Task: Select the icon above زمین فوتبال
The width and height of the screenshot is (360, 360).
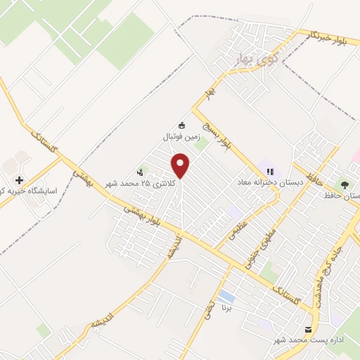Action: point(182,124)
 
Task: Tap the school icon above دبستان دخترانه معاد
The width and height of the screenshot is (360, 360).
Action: point(269,171)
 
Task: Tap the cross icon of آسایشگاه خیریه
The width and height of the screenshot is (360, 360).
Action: point(19,181)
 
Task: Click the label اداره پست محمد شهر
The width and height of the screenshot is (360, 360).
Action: point(304,340)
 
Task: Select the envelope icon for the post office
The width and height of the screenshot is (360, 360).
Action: point(308,329)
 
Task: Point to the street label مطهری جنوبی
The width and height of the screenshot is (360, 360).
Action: point(271,243)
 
